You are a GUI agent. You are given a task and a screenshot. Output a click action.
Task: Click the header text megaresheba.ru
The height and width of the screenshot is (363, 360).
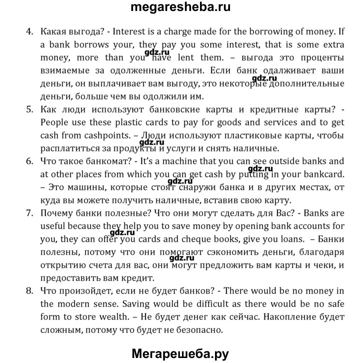point(179,8)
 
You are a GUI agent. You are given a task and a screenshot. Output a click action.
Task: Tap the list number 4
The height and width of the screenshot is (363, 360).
point(29,31)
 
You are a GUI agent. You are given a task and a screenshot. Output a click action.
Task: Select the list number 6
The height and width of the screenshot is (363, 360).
point(29,161)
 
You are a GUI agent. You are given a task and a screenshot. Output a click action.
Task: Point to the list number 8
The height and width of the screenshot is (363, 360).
point(29,290)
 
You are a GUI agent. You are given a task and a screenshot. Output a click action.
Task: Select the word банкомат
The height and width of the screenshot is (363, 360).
point(100,161)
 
